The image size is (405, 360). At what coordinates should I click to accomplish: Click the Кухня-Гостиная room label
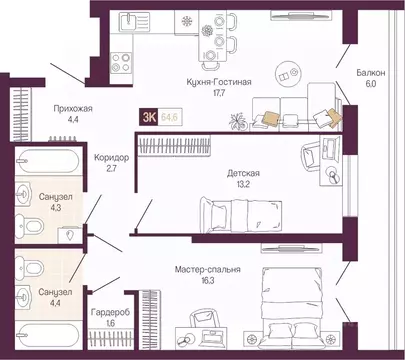pos(219,82)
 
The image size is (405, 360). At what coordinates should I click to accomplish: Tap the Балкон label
pos(371,73)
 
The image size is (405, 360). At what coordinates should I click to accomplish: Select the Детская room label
pos(243,173)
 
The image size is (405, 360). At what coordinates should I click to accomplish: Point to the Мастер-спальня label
pos(208,270)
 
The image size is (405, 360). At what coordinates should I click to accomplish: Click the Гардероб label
pos(110,313)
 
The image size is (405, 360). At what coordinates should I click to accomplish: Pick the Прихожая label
pos(73,109)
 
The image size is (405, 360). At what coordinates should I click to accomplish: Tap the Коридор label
pos(111,157)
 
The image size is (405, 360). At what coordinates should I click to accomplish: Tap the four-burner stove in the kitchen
pos(121,62)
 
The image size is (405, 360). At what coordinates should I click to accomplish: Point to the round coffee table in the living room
pos(288,73)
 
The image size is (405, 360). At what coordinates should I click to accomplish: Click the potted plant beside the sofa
pos(238,121)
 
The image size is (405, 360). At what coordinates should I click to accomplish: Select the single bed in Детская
pos(240,215)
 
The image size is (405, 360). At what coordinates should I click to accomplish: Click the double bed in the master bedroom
pos(292,308)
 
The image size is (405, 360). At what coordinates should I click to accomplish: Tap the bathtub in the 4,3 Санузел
pos(47,160)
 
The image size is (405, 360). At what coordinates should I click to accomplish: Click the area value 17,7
pos(219,93)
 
